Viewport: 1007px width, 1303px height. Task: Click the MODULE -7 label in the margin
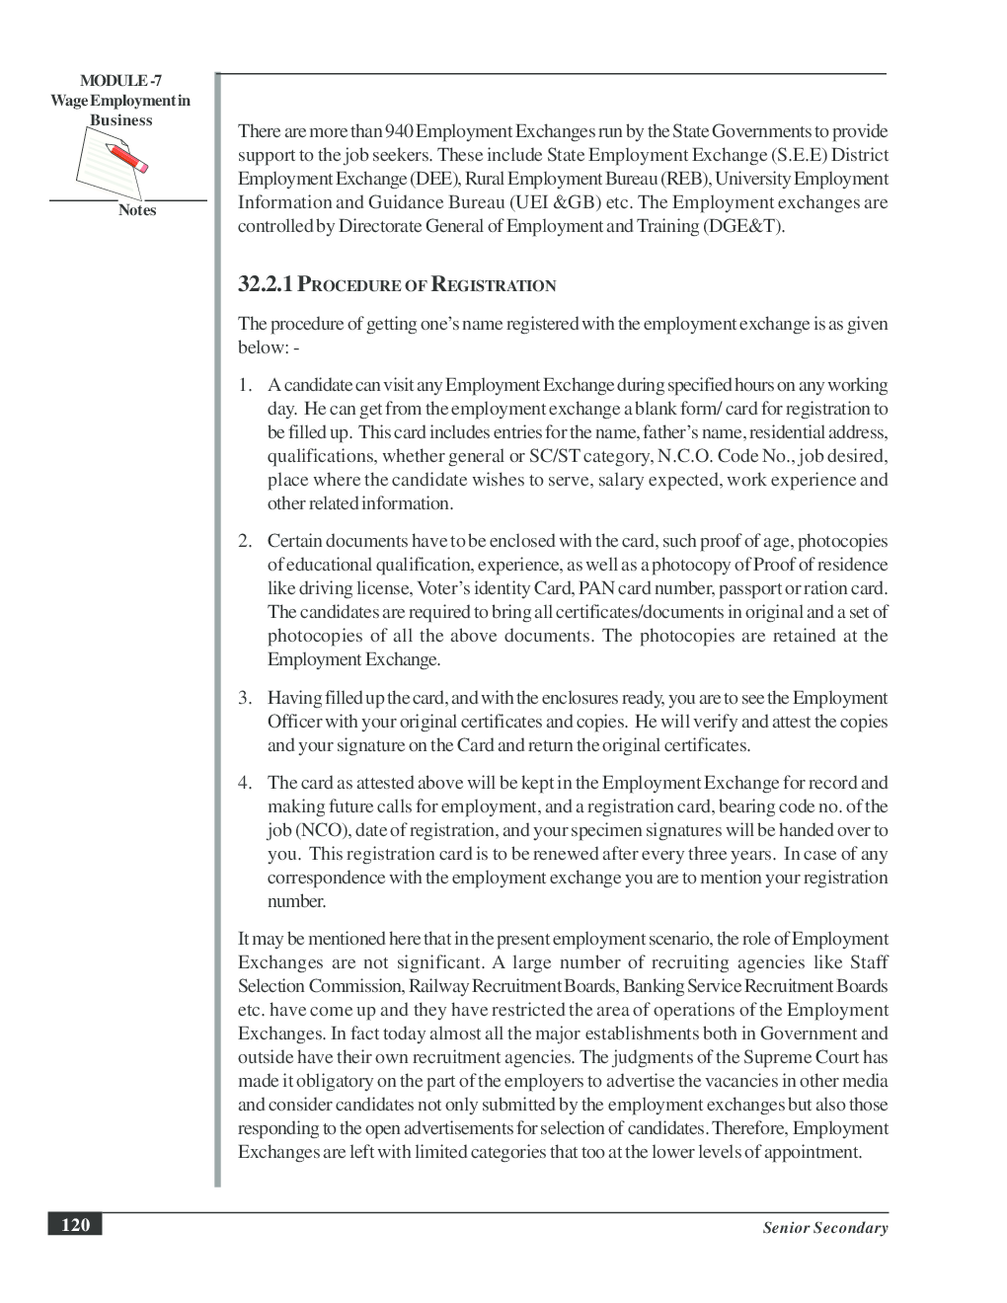(x=120, y=81)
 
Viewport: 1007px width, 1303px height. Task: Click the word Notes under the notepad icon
(x=137, y=210)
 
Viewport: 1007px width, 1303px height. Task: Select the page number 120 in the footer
(x=75, y=1225)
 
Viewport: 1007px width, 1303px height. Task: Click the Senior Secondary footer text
(x=824, y=1228)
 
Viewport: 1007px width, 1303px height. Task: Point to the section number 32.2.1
(x=266, y=285)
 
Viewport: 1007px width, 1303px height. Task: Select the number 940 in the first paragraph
(x=399, y=131)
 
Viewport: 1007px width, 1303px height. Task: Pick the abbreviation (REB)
(x=685, y=179)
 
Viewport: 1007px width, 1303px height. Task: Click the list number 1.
(x=244, y=385)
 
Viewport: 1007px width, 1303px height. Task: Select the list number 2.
(x=244, y=541)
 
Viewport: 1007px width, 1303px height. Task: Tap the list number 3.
(x=244, y=698)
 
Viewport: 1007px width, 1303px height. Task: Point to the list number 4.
(x=244, y=783)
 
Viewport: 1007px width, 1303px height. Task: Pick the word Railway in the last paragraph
(x=438, y=986)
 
